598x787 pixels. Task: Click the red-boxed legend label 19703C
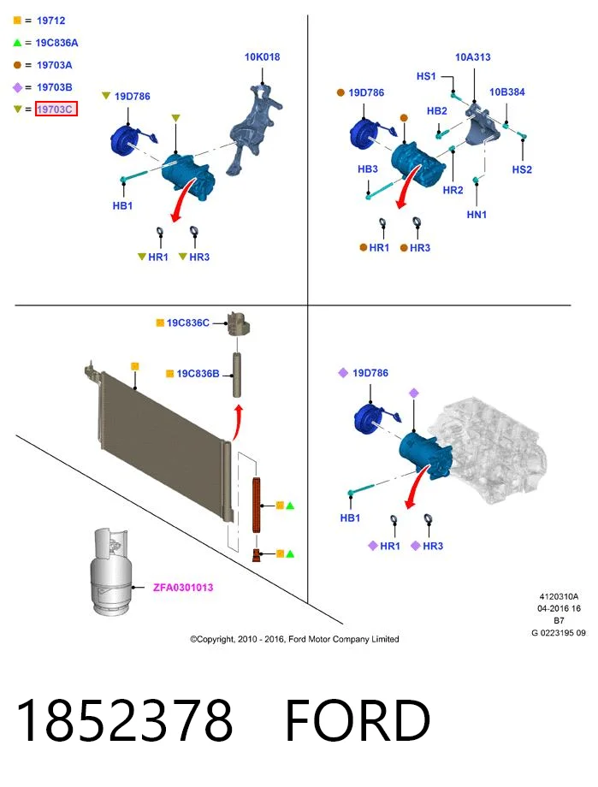click(x=55, y=109)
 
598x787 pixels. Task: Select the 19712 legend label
click(x=51, y=21)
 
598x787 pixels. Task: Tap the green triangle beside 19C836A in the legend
click(x=18, y=43)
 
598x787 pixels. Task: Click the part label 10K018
click(x=262, y=56)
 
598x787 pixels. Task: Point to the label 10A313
click(x=472, y=56)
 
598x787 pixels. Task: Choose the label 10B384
click(x=507, y=92)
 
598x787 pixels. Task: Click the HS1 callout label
click(x=426, y=76)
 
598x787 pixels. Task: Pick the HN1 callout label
click(x=477, y=215)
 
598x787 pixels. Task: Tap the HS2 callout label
click(x=522, y=169)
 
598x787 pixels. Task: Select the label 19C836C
click(x=188, y=322)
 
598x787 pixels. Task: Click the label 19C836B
click(x=198, y=374)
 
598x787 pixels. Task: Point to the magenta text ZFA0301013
click(x=183, y=587)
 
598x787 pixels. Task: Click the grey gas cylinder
click(x=111, y=571)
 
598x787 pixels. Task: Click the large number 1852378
click(x=125, y=720)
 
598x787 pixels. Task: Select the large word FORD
click(x=358, y=720)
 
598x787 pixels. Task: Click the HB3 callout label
click(x=368, y=169)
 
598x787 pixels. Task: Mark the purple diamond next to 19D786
click(x=343, y=372)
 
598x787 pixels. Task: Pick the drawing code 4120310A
click(x=559, y=597)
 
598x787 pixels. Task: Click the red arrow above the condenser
click(x=238, y=423)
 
